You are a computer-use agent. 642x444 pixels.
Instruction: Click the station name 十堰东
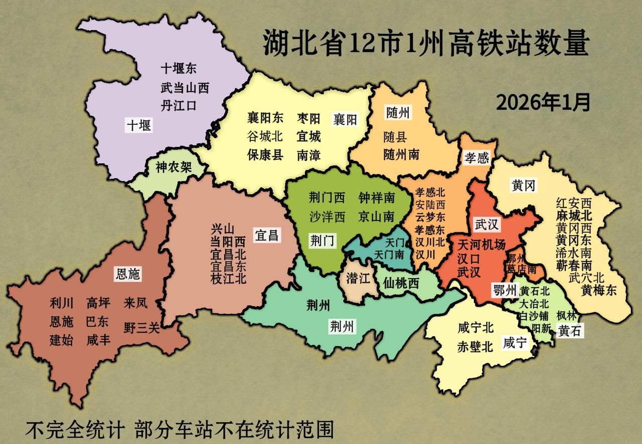pyautogui.click(x=179, y=69)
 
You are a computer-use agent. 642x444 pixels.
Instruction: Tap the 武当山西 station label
pyautogui.click(x=185, y=88)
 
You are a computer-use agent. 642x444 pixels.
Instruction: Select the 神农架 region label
pyautogui.click(x=174, y=167)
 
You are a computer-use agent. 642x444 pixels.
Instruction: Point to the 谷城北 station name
pyautogui.click(x=265, y=136)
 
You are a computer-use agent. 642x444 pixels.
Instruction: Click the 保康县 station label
pyautogui.click(x=265, y=155)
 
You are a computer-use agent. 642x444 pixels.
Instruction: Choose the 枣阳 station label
pyautogui.click(x=308, y=119)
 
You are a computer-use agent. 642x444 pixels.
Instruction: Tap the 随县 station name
pyautogui.click(x=395, y=136)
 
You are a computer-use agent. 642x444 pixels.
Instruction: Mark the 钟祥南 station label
pyautogui.click(x=377, y=198)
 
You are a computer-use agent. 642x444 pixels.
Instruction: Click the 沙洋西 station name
pyautogui.click(x=327, y=216)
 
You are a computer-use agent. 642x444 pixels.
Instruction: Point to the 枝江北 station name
pyautogui.click(x=228, y=279)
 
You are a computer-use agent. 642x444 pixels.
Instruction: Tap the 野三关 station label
pyautogui.click(x=141, y=328)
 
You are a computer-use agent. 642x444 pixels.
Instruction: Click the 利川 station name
pyautogui.click(x=61, y=303)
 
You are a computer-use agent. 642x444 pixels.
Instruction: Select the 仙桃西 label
pyautogui.click(x=400, y=283)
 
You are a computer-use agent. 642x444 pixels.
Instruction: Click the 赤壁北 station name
pyautogui.click(x=475, y=346)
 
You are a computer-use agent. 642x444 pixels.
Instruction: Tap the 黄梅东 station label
pyautogui.click(x=599, y=290)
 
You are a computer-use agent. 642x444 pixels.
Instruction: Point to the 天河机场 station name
pyautogui.click(x=481, y=245)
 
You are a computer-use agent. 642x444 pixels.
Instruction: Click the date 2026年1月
pyautogui.click(x=543, y=103)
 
